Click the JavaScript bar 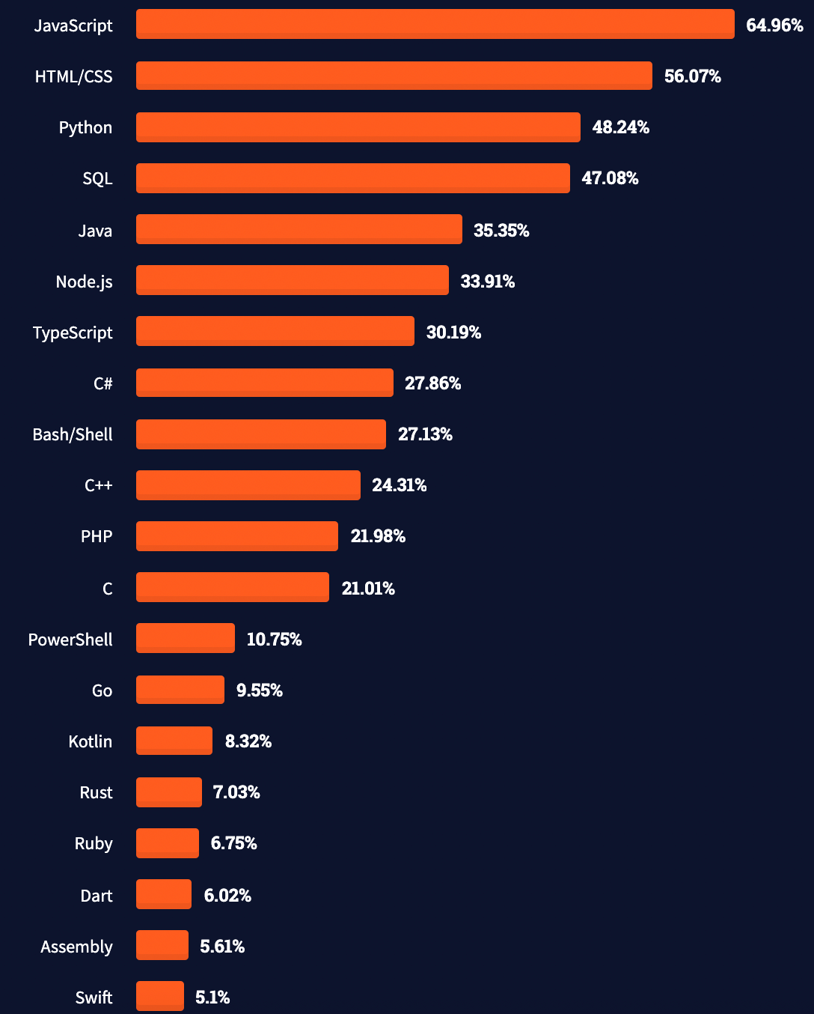click(435, 24)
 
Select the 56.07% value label click(692, 76)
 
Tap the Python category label click(85, 127)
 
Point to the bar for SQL click(352, 178)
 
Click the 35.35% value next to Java click(501, 230)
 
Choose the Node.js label click(84, 282)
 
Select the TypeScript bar click(275, 331)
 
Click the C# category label click(103, 383)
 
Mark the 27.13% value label click(425, 434)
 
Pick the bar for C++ click(248, 485)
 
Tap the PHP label click(97, 536)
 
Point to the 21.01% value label click(368, 588)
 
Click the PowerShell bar click(185, 638)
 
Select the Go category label click(102, 690)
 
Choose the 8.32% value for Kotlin click(248, 741)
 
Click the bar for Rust click(168, 792)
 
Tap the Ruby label click(94, 843)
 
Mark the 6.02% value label click(227, 895)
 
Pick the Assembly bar click(162, 945)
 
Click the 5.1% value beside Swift click(212, 997)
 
